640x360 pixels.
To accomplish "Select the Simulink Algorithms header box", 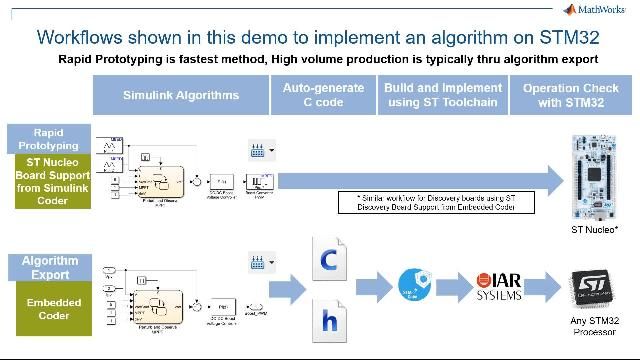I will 181,96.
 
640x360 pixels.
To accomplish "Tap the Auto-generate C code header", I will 323,96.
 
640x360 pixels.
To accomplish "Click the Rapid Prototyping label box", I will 48,139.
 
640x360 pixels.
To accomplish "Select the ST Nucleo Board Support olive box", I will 48,181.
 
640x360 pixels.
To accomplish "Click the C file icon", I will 328,259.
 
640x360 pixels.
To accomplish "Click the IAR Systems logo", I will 498,284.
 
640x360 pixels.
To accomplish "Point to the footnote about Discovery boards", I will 444,202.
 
